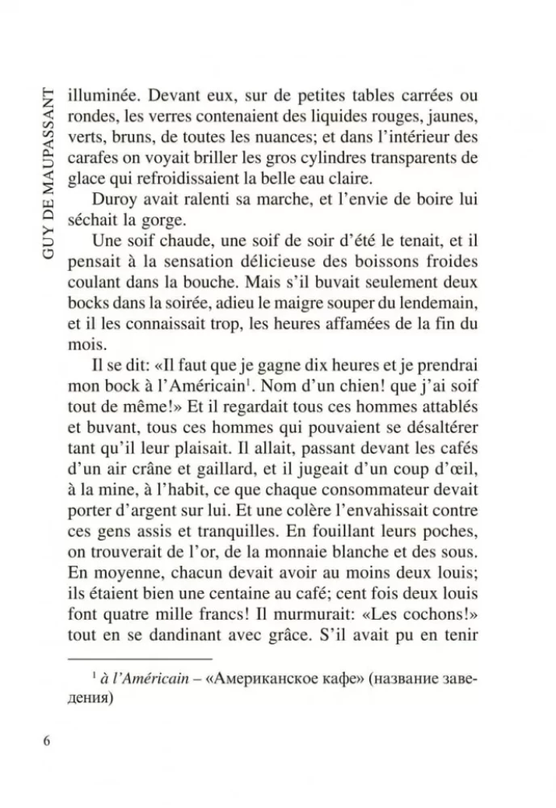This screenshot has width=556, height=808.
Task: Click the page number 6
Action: click(48, 743)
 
